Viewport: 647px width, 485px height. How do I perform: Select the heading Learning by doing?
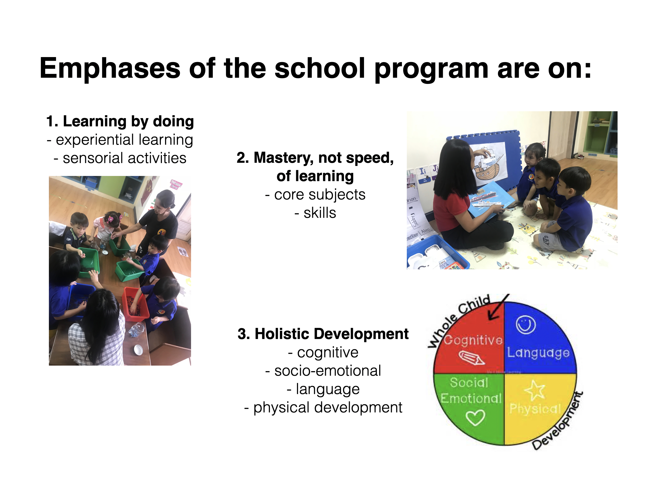pyautogui.click(x=120, y=122)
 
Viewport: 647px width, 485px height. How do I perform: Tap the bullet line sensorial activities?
pyautogui.click(x=120, y=158)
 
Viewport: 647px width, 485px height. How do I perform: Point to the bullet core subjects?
pyautogui.click(x=315, y=195)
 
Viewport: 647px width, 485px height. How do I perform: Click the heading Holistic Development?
pyautogui.click(x=323, y=334)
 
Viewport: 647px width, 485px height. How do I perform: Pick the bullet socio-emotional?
pyautogui.click(x=323, y=371)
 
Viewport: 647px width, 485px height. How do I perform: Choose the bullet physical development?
pyautogui.click(x=323, y=408)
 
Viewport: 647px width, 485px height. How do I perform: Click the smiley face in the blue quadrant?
pyautogui.click(x=526, y=324)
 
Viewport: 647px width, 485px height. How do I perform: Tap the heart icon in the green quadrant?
pyautogui.click(x=475, y=418)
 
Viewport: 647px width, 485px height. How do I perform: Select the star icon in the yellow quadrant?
pyautogui.click(x=535, y=390)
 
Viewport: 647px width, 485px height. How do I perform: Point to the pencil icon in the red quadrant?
pyautogui.click(x=471, y=358)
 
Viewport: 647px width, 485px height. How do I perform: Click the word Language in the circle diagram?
pyautogui.click(x=538, y=353)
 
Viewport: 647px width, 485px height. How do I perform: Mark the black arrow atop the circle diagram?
pyautogui.click(x=499, y=307)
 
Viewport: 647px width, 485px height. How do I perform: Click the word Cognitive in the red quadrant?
pyautogui.click(x=473, y=340)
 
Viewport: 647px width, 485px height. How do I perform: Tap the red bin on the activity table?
pyautogui.click(x=135, y=304)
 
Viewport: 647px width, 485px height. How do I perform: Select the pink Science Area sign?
pyautogui.click(x=176, y=185)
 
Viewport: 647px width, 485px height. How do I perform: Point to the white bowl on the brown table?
pyautogui.click(x=138, y=350)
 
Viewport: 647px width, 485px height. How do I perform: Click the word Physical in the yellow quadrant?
pyautogui.click(x=535, y=409)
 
